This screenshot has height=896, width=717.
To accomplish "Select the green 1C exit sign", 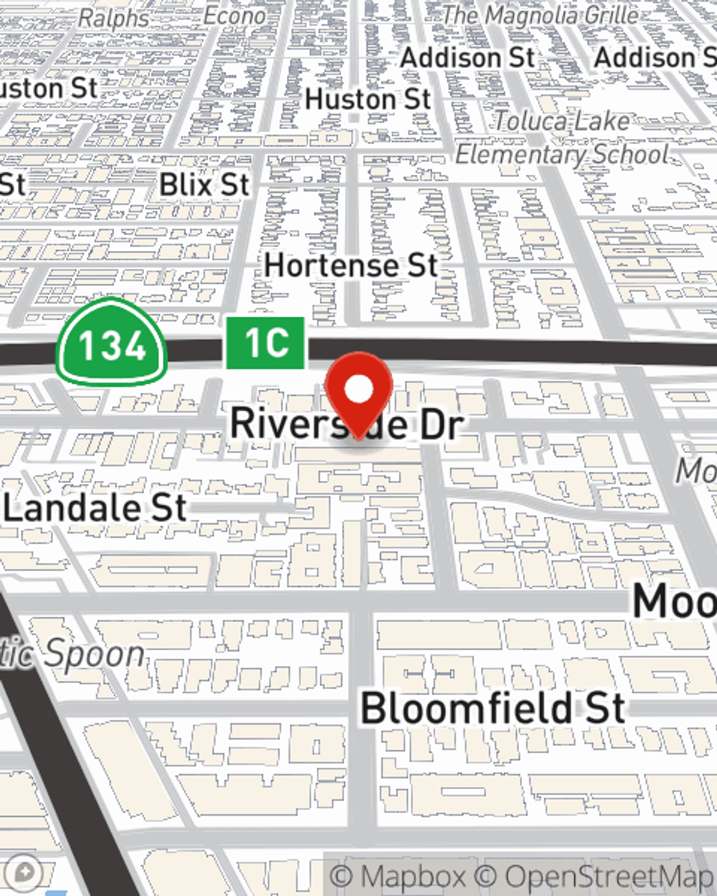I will coord(266,343).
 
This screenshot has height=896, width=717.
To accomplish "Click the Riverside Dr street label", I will coord(346,423).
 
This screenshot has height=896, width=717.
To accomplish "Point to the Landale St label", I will coord(95,509).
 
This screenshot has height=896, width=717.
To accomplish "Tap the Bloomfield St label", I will coord(493,708).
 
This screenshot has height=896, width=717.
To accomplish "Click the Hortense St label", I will coord(351,266).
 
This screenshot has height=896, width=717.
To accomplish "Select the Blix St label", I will coord(204,185).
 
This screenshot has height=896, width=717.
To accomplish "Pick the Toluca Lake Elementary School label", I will coord(563,138).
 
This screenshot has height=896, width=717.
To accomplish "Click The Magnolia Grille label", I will coord(539,14).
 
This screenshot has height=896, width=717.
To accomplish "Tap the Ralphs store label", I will coord(113,18).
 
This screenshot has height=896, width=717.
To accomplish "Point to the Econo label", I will coord(234,15).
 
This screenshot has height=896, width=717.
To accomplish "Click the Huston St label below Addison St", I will coord(368,100).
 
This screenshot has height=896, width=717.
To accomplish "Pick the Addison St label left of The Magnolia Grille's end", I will coord(467,58).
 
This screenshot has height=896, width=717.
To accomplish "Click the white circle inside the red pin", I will coord(359,390).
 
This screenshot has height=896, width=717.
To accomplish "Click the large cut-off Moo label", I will coord(674,601).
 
